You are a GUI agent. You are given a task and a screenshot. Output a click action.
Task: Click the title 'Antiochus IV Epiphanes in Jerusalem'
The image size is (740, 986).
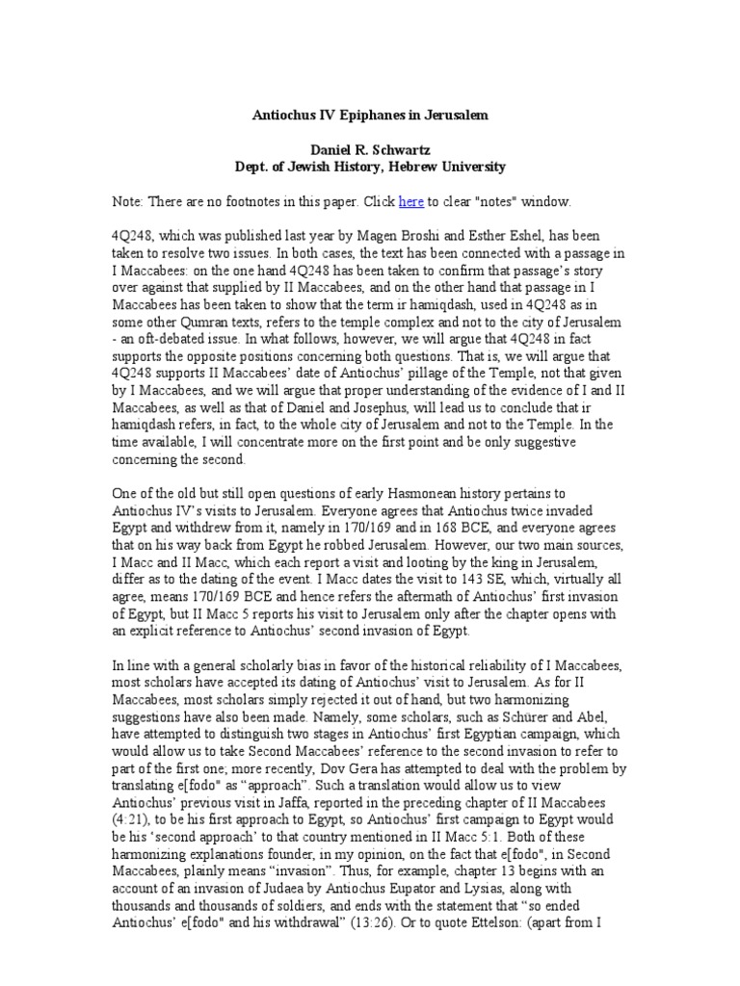(x=370, y=116)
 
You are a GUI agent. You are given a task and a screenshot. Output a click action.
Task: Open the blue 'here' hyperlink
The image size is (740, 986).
(x=411, y=202)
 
